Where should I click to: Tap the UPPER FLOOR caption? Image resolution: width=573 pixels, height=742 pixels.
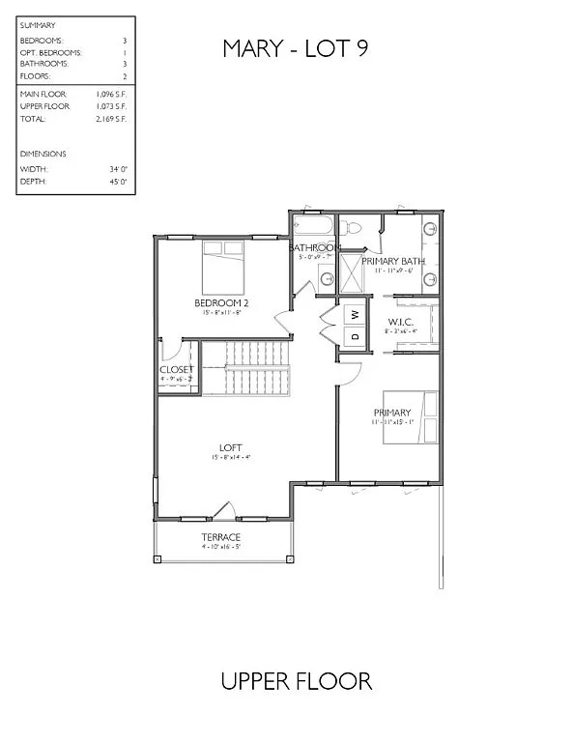click(297, 681)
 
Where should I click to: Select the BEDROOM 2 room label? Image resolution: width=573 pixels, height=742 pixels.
click(223, 302)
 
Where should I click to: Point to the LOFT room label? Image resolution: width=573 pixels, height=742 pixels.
click(230, 447)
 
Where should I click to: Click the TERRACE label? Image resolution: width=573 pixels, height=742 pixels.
click(220, 537)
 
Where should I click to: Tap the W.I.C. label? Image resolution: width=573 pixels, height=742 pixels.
click(401, 322)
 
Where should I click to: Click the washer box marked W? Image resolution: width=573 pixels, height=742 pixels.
click(355, 314)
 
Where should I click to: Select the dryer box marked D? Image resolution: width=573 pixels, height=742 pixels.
click(355, 336)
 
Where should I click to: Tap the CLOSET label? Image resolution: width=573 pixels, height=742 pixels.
click(177, 369)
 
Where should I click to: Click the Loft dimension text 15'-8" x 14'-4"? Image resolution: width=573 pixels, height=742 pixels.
click(230, 458)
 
